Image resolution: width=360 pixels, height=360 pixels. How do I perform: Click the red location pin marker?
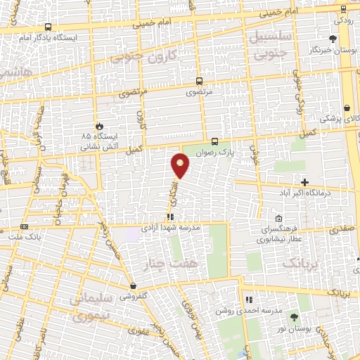181,165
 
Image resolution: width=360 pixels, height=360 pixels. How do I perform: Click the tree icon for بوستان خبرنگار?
333,39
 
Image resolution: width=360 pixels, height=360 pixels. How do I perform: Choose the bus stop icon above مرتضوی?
199,81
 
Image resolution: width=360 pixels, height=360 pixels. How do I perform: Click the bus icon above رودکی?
342,8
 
